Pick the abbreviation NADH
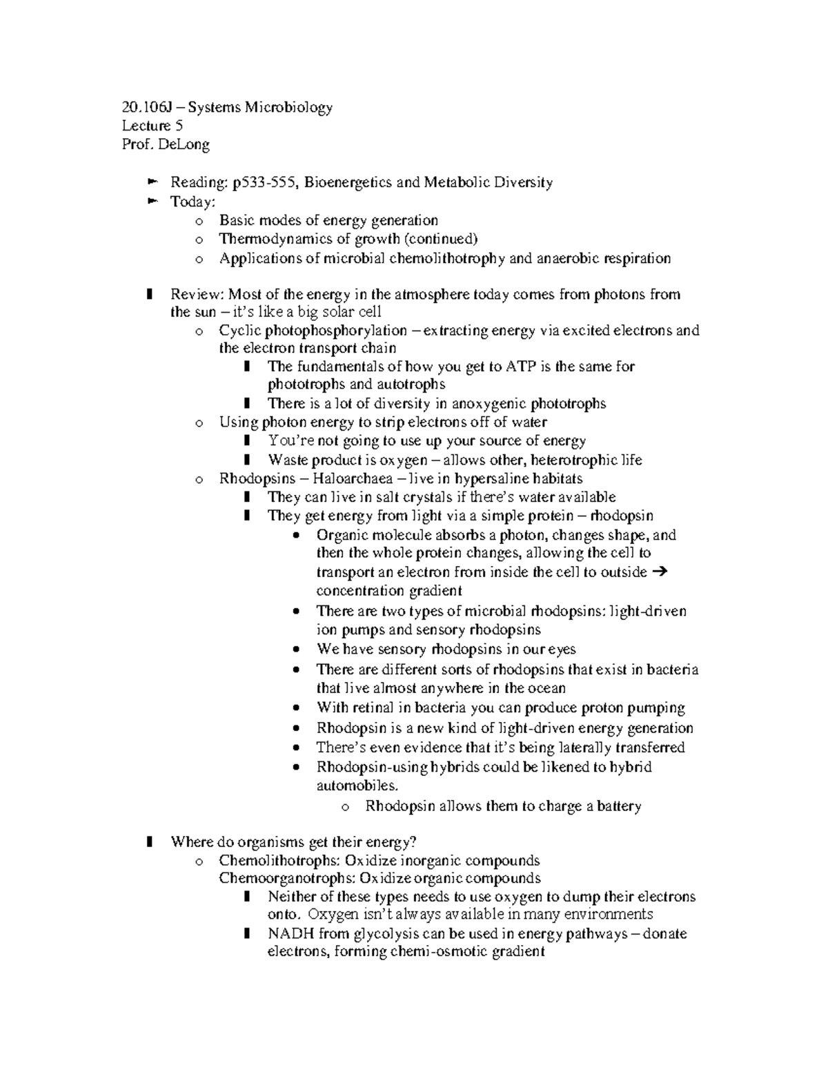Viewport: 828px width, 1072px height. pos(288,935)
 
